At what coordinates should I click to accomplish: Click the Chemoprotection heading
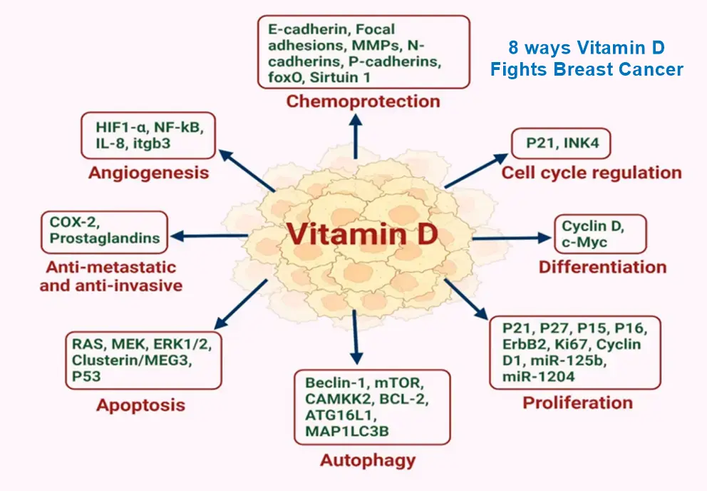click(x=363, y=101)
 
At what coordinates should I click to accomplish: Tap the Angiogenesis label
click(x=148, y=172)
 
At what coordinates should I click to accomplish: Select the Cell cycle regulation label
click(x=592, y=172)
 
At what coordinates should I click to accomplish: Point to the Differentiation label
click(x=602, y=267)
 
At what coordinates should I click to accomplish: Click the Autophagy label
click(x=367, y=460)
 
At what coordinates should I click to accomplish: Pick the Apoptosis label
click(x=140, y=405)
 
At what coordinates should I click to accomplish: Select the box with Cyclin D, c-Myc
click(x=600, y=234)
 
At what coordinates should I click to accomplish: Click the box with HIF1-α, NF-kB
click(x=148, y=136)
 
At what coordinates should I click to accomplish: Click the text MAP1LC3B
click(x=340, y=431)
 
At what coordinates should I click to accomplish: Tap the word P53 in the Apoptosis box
click(x=86, y=375)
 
